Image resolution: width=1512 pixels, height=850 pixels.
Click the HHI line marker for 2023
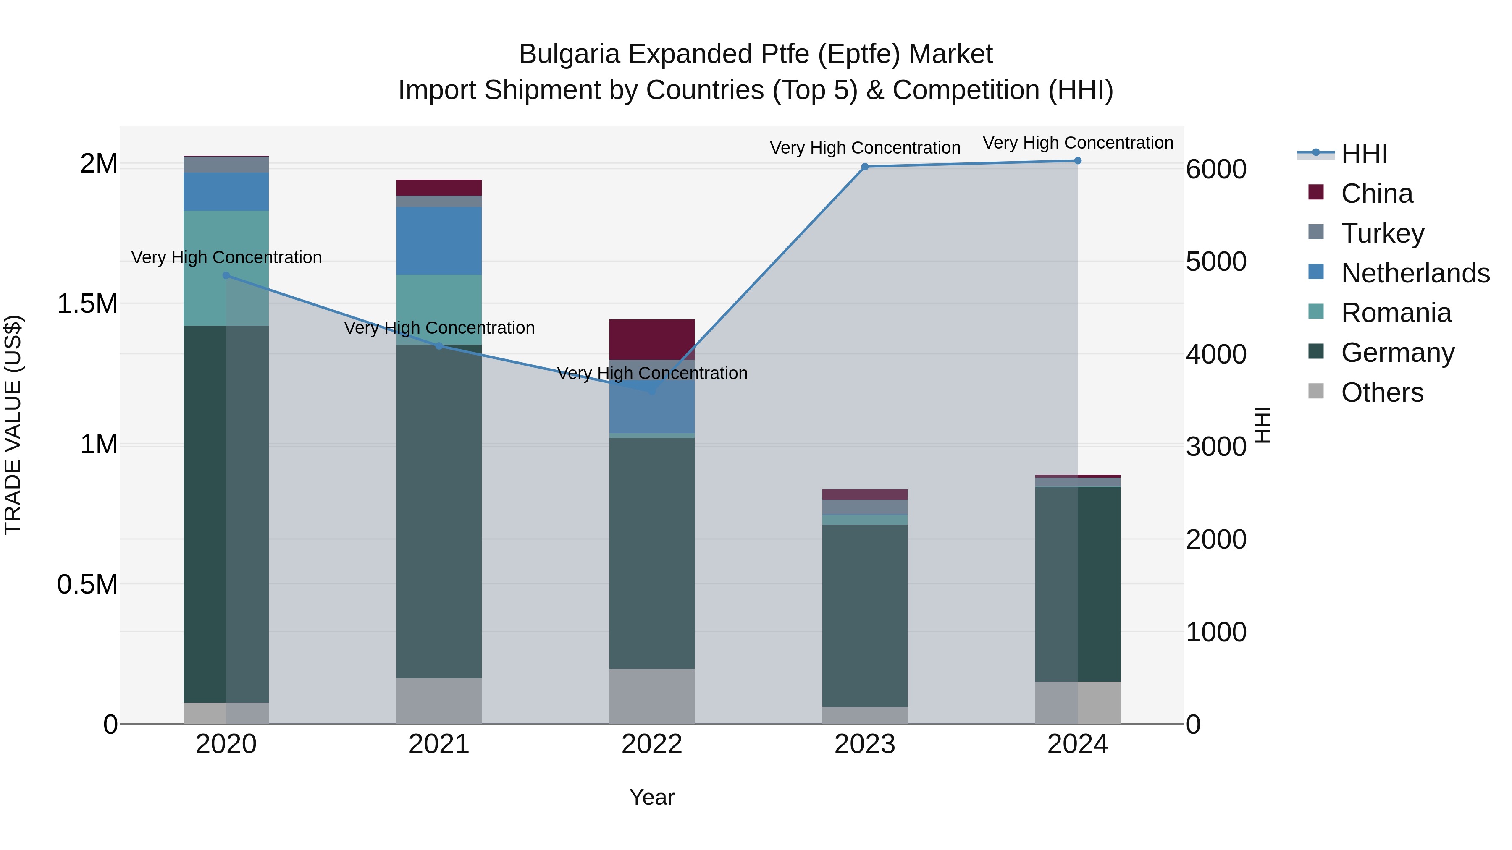click(x=865, y=167)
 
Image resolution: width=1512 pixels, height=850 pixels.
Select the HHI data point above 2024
click(x=1078, y=161)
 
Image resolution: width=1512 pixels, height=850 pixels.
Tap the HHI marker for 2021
click(x=439, y=346)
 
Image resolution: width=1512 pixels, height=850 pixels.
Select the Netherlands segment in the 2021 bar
click(x=439, y=241)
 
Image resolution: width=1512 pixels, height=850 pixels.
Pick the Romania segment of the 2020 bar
click(x=226, y=267)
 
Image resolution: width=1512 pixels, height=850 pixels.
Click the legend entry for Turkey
click(x=1382, y=233)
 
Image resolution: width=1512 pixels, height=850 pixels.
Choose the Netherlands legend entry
click(x=1415, y=273)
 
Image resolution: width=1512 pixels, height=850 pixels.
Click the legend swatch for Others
click(x=1316, y=391)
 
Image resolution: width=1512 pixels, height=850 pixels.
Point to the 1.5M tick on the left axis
click(x=87, y=304)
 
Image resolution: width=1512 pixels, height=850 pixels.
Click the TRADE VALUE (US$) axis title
click(x=13, y=425)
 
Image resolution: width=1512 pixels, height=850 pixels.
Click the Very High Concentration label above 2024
click(x=1078, y=143)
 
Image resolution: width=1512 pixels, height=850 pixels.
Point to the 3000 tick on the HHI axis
click(x=1215, y=447)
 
